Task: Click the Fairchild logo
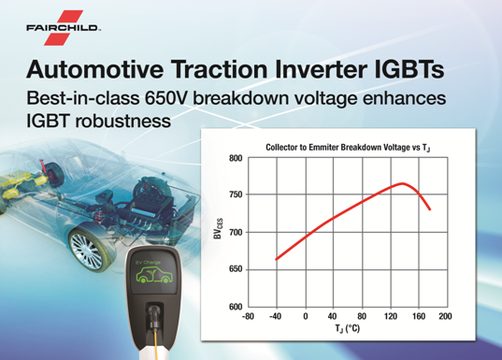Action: click(63, 28)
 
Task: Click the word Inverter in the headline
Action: click(320, 69)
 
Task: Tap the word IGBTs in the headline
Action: click(409, 69)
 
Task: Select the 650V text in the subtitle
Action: click(166, 97)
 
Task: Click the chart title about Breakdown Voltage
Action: click(348, 148)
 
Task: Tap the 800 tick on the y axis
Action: click(236, 158)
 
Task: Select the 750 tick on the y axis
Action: click(236, 194)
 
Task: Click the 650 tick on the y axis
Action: click(236, 269)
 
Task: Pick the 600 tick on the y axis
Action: click(236, 307)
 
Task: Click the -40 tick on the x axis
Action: click(275, 317)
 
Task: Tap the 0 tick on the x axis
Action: click(306, 317)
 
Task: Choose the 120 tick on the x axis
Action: click(391, 317)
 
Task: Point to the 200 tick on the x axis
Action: click(445, 317)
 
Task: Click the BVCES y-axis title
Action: click(218, 229)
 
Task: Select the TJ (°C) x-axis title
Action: click(348, 328)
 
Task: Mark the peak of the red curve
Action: click(402, 183)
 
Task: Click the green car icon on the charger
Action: click(152, 276)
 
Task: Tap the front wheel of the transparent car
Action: click(86, 250)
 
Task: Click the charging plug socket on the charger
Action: click(154, 314)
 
